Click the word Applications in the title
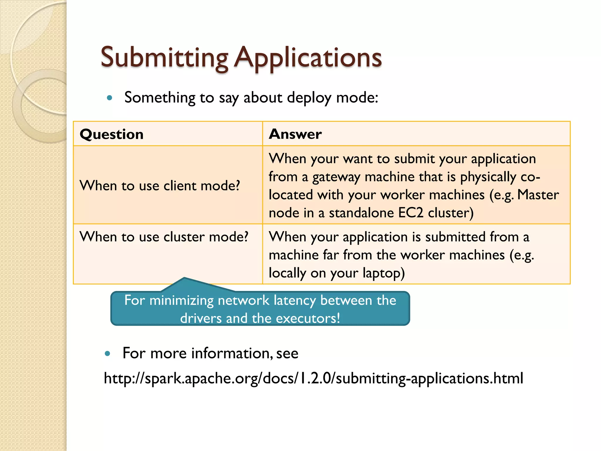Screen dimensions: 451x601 [308, 58]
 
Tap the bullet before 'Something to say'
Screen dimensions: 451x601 [110, 98]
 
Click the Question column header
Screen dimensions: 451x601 [112, 134]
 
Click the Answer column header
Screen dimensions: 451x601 [295, 134]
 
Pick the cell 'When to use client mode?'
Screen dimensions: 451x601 [160, 186]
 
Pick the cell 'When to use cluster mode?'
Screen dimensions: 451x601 [164, 237]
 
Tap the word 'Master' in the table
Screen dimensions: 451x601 [538, 195]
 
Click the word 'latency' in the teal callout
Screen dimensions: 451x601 [295, 300]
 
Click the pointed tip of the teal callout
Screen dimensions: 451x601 [184, 278]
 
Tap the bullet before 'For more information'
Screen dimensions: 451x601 [107, 354]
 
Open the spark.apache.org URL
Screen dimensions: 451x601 [313, 378]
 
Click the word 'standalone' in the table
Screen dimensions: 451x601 [362, 213]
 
